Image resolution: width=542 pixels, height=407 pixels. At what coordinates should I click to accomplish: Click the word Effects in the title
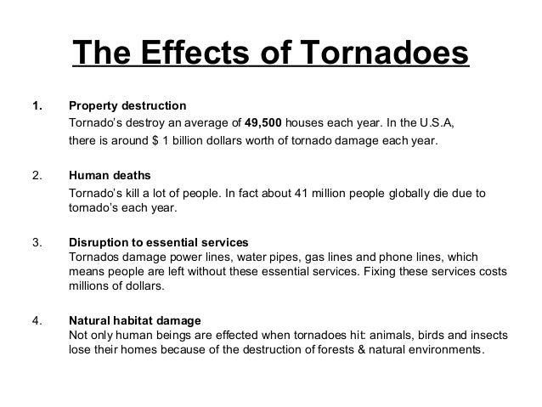[x=192, y=54]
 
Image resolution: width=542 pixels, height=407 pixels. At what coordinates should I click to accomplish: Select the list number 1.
[x=37, y=106]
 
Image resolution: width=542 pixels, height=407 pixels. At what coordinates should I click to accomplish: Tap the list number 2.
[x=37, y=176]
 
